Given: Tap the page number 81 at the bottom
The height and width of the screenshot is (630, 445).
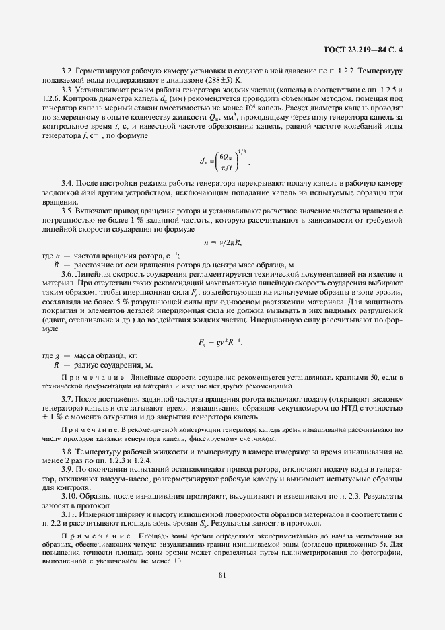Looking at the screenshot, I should point(222,573).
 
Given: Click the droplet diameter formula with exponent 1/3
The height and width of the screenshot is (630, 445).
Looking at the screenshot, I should point(222,161).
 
